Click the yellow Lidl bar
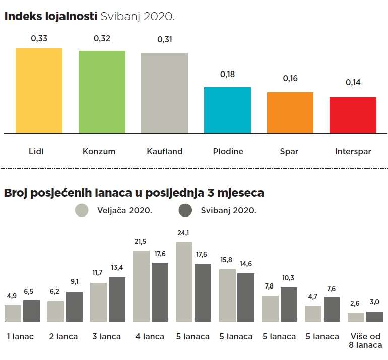click(x=39, y=91)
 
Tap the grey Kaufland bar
click(x=164, y=93)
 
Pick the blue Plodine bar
click(x=227, y=110)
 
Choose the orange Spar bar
click(x=290, y=113)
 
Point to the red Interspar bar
click(x=353, y=115)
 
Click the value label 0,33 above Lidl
click(x=39, y=38)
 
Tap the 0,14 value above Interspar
click(x=353, y=83)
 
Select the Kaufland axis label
click(x=164, y=151)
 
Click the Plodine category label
click(x=227, y=151)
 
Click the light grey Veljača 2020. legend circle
click(x=82, y=210)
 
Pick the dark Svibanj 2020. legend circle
click(x=186, y=210)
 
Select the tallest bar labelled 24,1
click(x=184, y=282)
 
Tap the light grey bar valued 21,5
click(x=141, y=286)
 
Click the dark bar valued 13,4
click(x=117, y=300)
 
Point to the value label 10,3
click(x=289, y=278)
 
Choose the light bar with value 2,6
click(x=356, y=317)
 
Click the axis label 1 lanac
click(x=20, y=336)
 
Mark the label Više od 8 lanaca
click(x=366, y=341)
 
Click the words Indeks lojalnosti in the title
click(x=50, y=16)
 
